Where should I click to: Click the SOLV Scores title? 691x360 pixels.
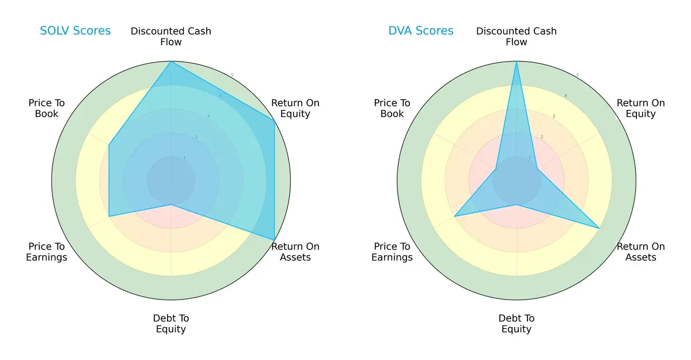coord(75,31)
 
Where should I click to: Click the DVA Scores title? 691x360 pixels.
coord(421,31)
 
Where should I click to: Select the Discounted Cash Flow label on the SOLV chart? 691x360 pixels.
coord(171,36)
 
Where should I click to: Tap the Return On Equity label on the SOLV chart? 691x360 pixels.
coord(295,108)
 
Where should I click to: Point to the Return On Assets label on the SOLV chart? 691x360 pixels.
coord(295,252)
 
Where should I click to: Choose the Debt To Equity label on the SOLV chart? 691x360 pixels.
coord(171,324)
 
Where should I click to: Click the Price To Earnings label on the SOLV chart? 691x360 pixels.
coord(47,252)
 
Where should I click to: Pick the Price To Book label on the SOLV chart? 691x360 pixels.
coord(47,108)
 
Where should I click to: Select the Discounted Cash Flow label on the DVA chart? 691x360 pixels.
coord(517,36)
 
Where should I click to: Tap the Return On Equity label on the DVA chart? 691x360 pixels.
coord(641,108)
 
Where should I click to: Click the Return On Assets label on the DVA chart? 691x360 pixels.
coord(641,252)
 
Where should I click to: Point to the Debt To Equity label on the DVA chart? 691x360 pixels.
coord(517,324)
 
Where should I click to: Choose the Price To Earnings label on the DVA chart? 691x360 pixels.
coord(392,252)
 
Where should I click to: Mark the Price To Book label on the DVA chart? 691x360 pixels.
coord(392,108)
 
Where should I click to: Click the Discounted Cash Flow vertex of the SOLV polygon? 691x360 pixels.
coord(171,62)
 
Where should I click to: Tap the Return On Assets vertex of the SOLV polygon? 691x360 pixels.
coord(274,240)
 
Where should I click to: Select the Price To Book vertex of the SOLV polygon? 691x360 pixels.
coord(109,145)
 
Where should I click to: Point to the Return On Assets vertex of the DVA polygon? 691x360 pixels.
coord(599,228)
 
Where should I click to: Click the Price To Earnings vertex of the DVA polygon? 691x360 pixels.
coord(455,217)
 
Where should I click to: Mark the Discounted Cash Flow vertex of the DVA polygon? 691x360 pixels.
coord(517,62)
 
